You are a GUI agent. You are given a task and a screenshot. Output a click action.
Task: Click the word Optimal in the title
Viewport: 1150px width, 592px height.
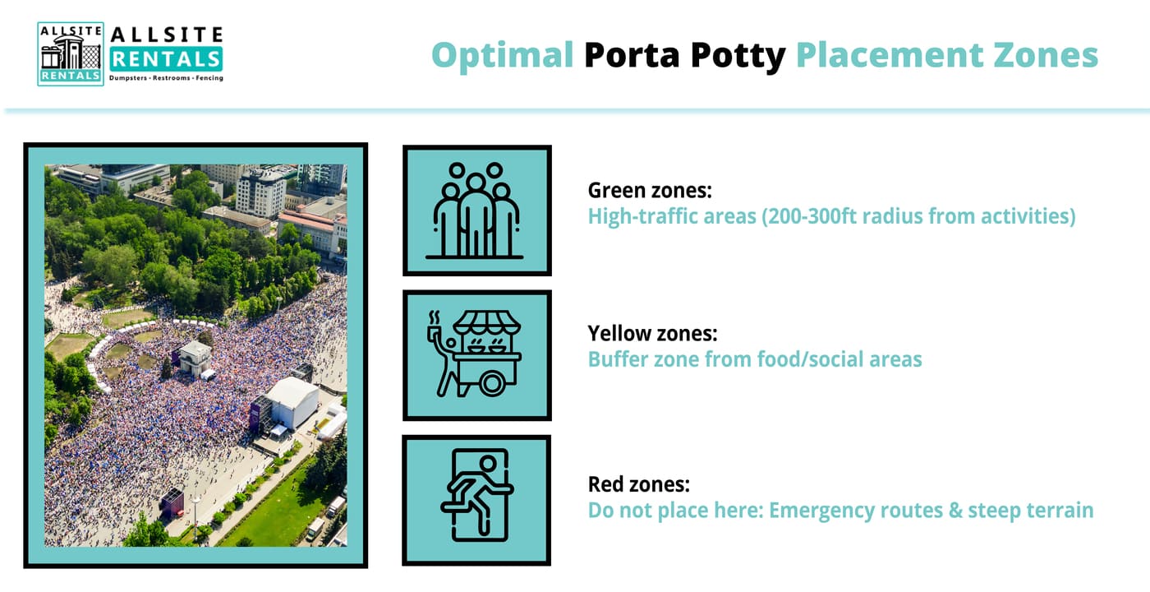502,56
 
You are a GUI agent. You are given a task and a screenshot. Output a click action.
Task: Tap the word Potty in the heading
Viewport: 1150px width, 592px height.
738,56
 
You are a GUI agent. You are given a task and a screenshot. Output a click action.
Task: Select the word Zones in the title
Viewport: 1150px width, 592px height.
1045,55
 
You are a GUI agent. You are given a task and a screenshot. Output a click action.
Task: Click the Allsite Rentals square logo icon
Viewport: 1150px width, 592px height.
71,53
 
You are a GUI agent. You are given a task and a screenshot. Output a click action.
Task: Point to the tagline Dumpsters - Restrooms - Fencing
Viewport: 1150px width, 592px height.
166,78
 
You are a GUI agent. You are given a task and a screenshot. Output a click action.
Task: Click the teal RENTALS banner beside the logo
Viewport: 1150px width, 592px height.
166,59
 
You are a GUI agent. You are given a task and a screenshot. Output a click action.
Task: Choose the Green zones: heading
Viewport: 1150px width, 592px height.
650,191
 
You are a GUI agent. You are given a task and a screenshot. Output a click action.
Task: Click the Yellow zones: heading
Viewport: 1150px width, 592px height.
652,334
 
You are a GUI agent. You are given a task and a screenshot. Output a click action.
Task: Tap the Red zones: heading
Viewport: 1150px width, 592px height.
639,484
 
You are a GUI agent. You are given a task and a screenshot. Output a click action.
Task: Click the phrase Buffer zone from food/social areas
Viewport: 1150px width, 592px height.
755,359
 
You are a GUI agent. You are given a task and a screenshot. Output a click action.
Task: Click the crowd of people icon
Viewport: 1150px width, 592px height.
475,210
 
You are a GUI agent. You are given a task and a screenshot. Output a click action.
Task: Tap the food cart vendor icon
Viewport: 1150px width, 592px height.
475,354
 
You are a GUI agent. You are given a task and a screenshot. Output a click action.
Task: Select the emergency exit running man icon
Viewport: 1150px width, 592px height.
477,495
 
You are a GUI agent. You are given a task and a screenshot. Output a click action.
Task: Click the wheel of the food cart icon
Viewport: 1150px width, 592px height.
492,383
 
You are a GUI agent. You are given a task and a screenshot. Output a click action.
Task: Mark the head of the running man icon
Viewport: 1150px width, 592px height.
488,464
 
